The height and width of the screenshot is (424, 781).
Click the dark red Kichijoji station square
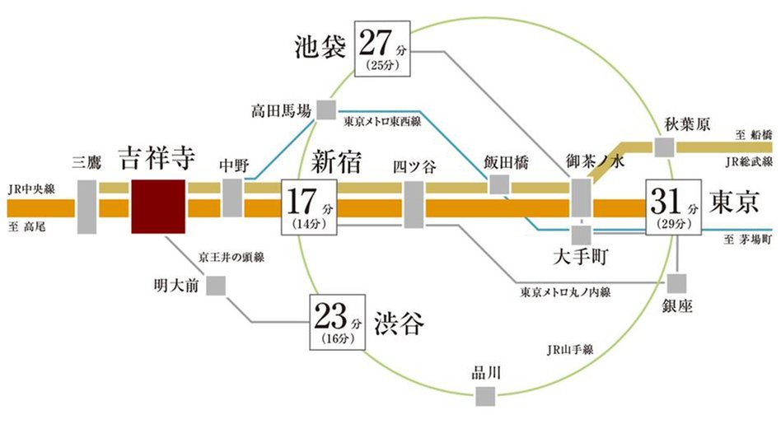click(157, 205)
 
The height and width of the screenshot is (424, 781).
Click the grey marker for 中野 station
click(233, 198)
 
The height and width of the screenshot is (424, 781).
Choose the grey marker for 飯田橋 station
click(499, 184)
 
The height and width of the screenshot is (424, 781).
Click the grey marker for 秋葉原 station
click(664, 147)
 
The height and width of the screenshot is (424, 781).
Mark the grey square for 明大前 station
click(217, 286)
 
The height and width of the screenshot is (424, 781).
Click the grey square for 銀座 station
click(676, 283)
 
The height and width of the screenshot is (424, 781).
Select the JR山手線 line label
click(568, 349)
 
